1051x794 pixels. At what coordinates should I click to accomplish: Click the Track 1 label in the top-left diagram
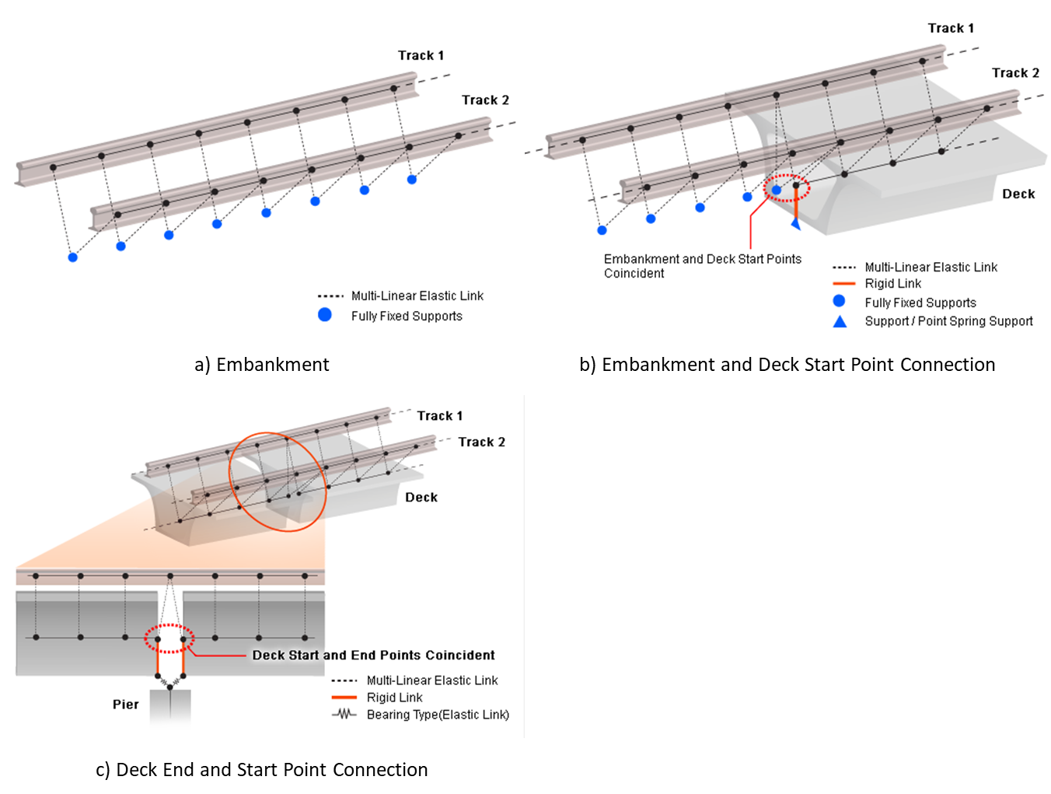pyautogui.click(x=421, y=55)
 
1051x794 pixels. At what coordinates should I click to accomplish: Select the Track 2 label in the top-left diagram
pyautogui.click(x=485, y=100)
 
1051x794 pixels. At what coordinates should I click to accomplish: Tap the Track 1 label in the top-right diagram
pyautogui.click(x=951, y=28)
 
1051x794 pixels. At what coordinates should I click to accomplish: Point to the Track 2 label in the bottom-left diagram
pyautogui.click(x=481, y=442)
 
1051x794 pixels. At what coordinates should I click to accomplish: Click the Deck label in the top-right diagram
pyautogui.click(x=1018, y=194)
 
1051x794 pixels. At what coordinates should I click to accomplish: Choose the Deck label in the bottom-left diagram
pyautogui.click(x=421, y=497)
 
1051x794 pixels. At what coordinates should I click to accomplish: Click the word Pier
pyautogui.click(x=125, y=704)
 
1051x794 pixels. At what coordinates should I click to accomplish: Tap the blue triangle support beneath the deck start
pyautogui.click(x=796, y=224)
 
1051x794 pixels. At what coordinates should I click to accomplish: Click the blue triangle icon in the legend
pyautogui.click(x=840, y=321)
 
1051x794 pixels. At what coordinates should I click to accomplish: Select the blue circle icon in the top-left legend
pyautogui.click(x=325, y=315)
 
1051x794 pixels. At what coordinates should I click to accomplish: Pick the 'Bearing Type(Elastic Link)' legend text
pyautogui.click(x=438, y=715)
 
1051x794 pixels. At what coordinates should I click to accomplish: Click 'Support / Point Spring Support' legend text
pyautogui.click(x=948, y=321)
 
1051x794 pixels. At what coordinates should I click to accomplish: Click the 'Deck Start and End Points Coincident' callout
pyautogui.click(x=373, y=655)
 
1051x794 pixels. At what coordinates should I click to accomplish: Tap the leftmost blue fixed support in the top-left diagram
pyautogui.click(x=72, y=257)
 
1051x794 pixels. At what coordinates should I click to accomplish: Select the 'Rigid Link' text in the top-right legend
pyautogui.click(x=892, y=284)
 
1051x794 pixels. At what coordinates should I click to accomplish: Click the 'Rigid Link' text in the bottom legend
pyautogui.click(x=394, y=698)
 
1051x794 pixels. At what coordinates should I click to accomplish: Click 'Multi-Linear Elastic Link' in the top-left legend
pyautogui.click(x=417, y=296)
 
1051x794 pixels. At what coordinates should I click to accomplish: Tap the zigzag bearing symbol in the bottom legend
pyautogui.click(x=344, y=714)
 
